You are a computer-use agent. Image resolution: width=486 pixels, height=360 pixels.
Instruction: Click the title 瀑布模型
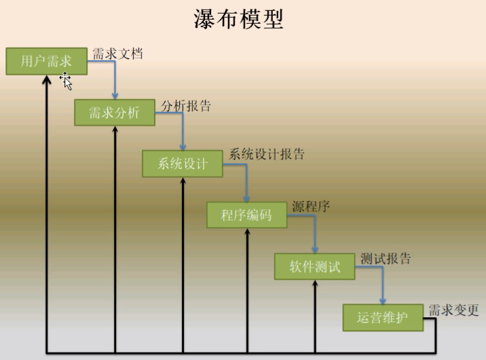(x=238, y=20)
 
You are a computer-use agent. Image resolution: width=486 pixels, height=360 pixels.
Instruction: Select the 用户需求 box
(x=46, y=62)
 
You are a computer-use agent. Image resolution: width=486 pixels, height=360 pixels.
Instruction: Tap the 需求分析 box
(x=115, y=113)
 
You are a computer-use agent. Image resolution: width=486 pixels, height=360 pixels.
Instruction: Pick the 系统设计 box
(x=183, y=164)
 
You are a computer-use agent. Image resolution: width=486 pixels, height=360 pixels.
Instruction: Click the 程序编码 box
(x=247, y=215)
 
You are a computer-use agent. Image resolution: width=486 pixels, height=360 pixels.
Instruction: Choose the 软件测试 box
(x=315, y=266)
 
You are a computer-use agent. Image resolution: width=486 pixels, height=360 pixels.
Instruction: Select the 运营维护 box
(x=383, y=317)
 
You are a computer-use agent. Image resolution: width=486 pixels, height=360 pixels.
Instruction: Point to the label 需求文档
(x=117, y=54)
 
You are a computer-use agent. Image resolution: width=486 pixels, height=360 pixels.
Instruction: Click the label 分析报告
(x=186, y=106)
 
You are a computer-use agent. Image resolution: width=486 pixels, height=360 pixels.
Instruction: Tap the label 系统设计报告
(x=267, y=154)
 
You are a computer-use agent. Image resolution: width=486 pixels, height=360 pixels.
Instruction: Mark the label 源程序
(x=311, y=206)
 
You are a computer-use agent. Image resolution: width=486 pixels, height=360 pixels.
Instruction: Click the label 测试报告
(x=386, y=258)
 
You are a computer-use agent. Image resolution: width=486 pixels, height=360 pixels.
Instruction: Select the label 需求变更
(x=453, y=310)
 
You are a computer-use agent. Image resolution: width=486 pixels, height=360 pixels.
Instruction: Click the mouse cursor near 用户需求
(x=66, y=81)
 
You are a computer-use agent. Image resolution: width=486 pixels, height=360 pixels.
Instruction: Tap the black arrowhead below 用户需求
(x=46, y=79)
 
